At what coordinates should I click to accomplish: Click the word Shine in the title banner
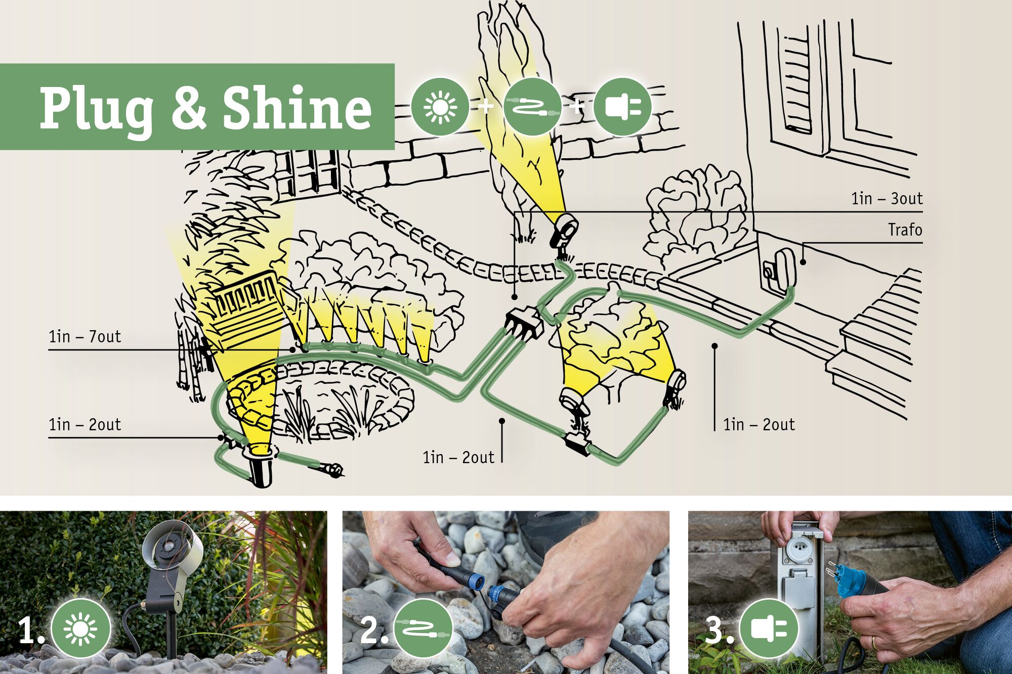[x=297, y=107]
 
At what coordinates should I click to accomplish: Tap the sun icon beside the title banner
[x=440, y=107]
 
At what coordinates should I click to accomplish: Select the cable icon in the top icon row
[x=533, y=107]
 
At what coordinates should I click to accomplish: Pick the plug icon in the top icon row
[x=622, y=107]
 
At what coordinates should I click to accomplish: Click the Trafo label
[x=905, y=230]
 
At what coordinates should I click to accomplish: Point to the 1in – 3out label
[x=887, y=199]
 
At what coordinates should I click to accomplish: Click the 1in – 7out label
[x=85, y=337]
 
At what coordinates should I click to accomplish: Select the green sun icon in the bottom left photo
[x=80, y=628]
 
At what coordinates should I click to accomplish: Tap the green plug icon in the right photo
[x=769, y=628]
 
